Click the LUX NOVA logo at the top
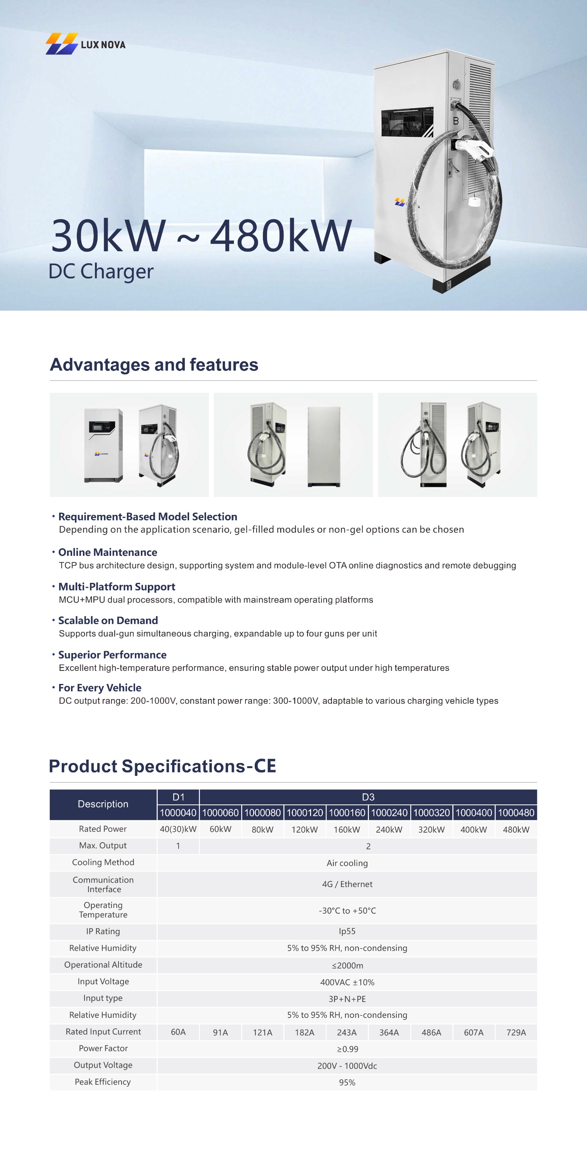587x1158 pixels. click(x=85, y=44)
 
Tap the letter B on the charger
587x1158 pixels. click(x=455, y=121)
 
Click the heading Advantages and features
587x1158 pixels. click(x=154, y=364)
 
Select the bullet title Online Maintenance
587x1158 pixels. click(x=108, y=552)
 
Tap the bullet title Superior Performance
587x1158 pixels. click(x=112, y=655)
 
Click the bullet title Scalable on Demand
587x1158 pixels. click(x=108, y=620)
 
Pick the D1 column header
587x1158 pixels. click(x=178, y=797)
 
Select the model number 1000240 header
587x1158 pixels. click(x=389, y=813)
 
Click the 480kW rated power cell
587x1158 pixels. click(x=516, y=830)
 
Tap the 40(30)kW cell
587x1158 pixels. click(x=178, y=830)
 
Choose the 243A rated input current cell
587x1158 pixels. click(x=347, y=1033)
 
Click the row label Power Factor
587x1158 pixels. click(x=103, y=1048)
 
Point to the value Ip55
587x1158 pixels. click(x=347, y=931)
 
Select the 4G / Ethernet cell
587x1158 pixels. click(x=347, y=884)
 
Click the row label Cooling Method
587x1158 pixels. click(x=103, y=862)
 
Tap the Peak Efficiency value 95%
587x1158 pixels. click(x=347, y=1082)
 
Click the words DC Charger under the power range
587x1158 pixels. click(x=101, y=271)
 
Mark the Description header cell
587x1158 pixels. click(x=103, y=804)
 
